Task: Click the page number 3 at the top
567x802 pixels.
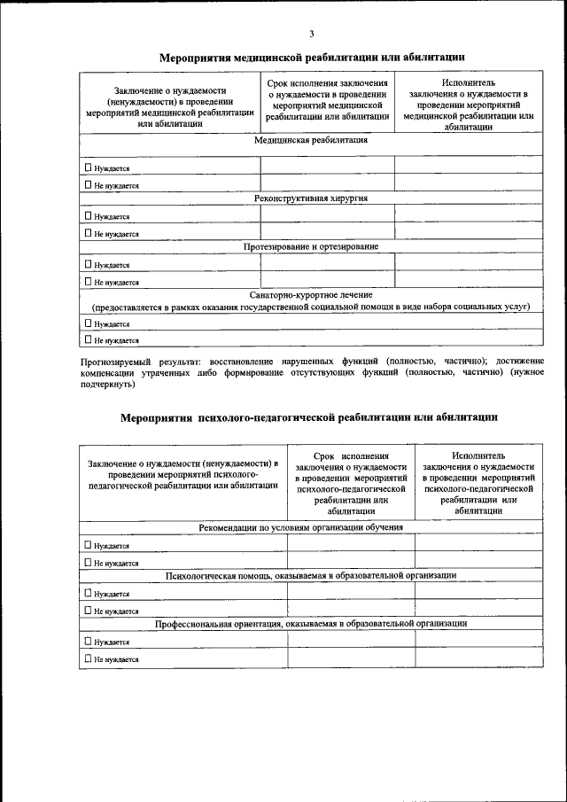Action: tap(311, 34)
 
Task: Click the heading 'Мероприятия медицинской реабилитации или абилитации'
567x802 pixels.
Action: tap(312, 57)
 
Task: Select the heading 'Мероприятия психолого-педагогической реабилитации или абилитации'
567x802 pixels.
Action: tap(309, 416)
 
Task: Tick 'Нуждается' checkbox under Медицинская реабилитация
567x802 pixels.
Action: tap(87, 167)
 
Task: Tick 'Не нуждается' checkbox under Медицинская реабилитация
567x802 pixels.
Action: tap(87, 185)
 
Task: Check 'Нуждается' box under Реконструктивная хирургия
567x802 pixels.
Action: tap(87, 215)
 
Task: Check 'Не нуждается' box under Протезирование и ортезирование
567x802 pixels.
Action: tap(87, 282)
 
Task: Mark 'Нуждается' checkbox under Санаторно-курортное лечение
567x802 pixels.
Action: tap(87, 323)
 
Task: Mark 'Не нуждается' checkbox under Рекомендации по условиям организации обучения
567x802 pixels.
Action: tap(87, 562)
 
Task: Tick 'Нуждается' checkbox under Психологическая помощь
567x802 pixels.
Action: tap(87, 593)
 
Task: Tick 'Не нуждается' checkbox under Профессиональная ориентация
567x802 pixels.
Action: tap(87, 658)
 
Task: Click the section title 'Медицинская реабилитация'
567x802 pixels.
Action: tap(311, 140)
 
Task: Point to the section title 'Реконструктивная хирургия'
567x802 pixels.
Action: tap(311, 198)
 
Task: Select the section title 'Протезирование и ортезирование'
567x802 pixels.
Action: tap(311, 246)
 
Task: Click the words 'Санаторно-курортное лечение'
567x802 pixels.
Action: tap(311, 294)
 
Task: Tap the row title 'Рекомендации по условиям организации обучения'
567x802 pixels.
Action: tap(300, 527)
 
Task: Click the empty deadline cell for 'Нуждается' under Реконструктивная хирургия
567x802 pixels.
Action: tap(327, 214)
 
